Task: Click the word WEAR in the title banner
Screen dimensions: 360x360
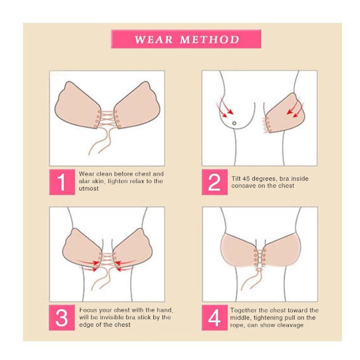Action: (x=153, y=40)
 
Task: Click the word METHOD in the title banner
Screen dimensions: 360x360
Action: (x=210, y=40)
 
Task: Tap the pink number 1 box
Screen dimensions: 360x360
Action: (x=62, y=182)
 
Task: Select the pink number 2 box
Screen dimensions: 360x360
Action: (x=215, y=182)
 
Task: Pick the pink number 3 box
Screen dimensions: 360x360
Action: (x=62, y=318)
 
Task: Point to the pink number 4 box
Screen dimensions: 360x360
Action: (x=215, y=318)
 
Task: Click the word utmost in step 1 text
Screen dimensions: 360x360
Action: (x=89, y=189)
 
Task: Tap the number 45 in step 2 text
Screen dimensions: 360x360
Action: (x=246, y=179)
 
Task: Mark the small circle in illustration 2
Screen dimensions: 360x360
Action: (x=234, y=123)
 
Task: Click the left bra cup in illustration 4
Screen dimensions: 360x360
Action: (x=238, y=250)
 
